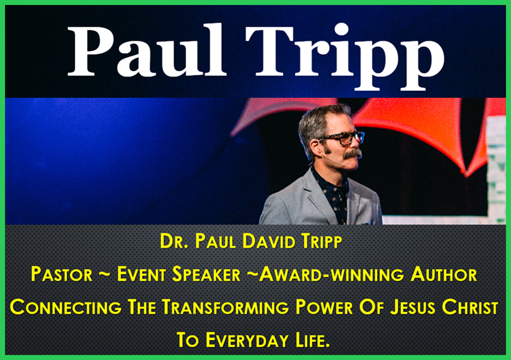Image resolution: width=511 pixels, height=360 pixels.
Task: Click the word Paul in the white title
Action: tap(146, 51)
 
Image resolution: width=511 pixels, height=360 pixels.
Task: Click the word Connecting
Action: tap(66, 307)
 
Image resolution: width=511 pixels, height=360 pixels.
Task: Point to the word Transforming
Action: tap(225, 307)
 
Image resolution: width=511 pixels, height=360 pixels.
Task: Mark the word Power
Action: tap(324, 307)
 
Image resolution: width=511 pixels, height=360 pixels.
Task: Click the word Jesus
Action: tap(413, 307)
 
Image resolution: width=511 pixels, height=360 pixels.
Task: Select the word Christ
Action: tap(470, 307)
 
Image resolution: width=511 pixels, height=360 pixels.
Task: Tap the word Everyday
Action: tap(247, 340)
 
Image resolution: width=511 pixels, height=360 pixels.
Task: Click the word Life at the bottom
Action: tap(313, 340)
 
